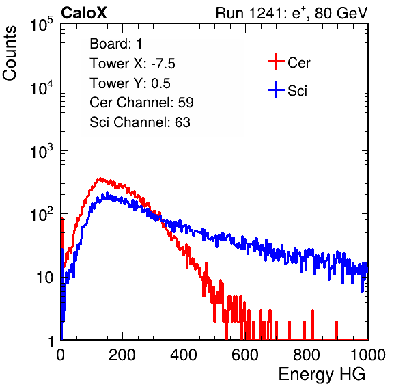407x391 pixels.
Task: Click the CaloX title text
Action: click(x=83, y=13)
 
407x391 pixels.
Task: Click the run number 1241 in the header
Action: click(x=265, y=13)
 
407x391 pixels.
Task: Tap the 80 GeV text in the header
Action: click(x=341, y=13)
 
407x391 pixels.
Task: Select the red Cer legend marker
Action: click(x=276, y=62)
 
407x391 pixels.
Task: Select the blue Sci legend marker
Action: click(x=276, y=90)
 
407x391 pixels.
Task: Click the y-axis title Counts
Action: click(x=10, y=53)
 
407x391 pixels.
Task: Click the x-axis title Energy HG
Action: click(x=322, y=375)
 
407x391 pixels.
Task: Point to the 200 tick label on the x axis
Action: click(x=122, y=355)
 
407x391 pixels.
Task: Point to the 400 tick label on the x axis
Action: click(x=184, y=355)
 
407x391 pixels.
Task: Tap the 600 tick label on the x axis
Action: click(x=245, y=355)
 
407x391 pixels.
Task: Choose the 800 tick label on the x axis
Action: click(x=307, y=355)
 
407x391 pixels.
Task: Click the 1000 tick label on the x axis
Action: click(x=368, y=355)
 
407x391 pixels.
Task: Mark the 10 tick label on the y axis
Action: click(x=44, y=278)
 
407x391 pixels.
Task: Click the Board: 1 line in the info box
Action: click(x=116, y=44)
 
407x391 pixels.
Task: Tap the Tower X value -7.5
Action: click(x=163, y=64)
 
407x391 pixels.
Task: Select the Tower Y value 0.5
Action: click(x=160, y=83)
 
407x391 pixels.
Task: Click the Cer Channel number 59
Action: click(x=186, y=103)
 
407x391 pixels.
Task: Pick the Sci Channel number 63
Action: click(x=182, y=122)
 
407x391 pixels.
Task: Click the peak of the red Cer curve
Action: click(x=100, y=178)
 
